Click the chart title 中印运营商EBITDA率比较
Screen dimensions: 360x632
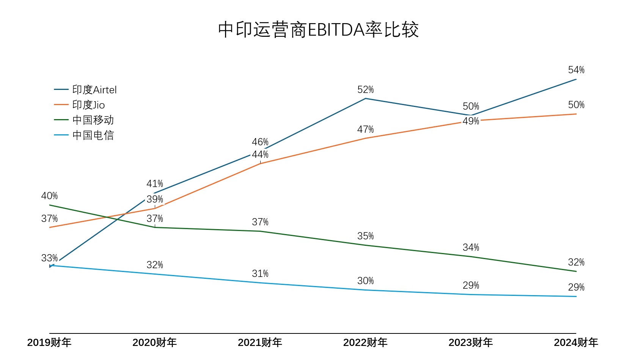pyautogui.click(x=318, y=30)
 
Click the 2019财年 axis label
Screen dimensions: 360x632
pyautogui.click(x=49, y=343)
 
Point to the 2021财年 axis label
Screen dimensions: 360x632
pyautogui.click(x=260, y=343)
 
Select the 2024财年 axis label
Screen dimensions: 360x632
pyautogui.click(x=575, y=343)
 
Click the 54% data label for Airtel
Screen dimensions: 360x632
pyautogui.click(x=576, y=70)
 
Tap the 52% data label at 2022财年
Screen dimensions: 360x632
pyautogui.click(x=365, y=90)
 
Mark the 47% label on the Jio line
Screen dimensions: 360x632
pyautogui.click(x=365, y=130)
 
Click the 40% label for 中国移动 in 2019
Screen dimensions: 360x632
pyautogui.click(x=49, y=196)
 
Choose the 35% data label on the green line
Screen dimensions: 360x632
pyautogui.click(x=365, y=236)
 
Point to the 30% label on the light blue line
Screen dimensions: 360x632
pyautogui.click(x=365, y=281)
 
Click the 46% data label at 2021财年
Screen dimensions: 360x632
pyautogui.click(x=260, y=142)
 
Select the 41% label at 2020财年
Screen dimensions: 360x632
pyautogui.click(x=155, y=184)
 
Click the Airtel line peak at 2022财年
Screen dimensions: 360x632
pyautogui.click(x=365, y=99)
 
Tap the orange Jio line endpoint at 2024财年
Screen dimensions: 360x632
pyautogui.click(x=576, y=114)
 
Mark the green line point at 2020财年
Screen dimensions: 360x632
pyautogui.click(x=155, y=227)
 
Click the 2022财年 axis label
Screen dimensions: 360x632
pyautogui.click(x=365, y=343)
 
